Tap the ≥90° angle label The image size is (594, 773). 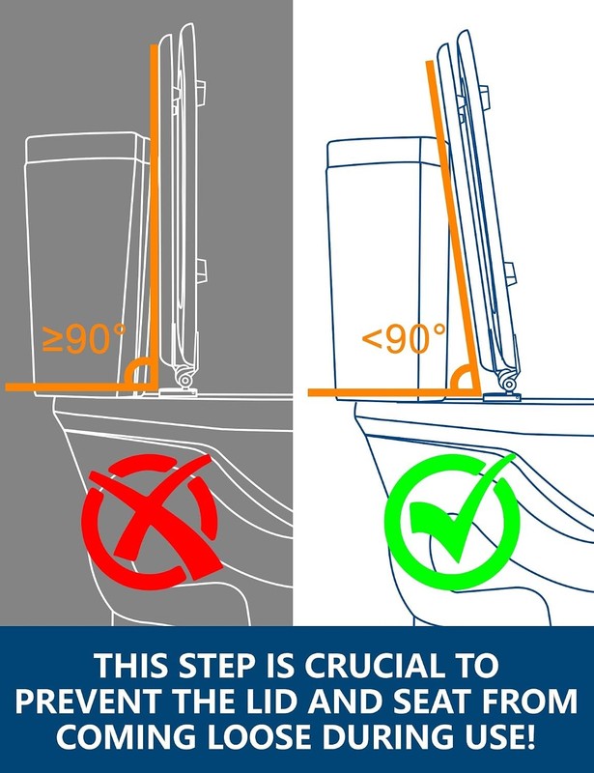84,338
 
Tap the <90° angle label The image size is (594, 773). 403,338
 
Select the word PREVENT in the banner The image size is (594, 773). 89,701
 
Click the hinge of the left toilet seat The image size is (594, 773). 184,380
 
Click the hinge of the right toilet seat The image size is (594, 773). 507,384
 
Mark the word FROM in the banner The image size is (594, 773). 530,701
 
